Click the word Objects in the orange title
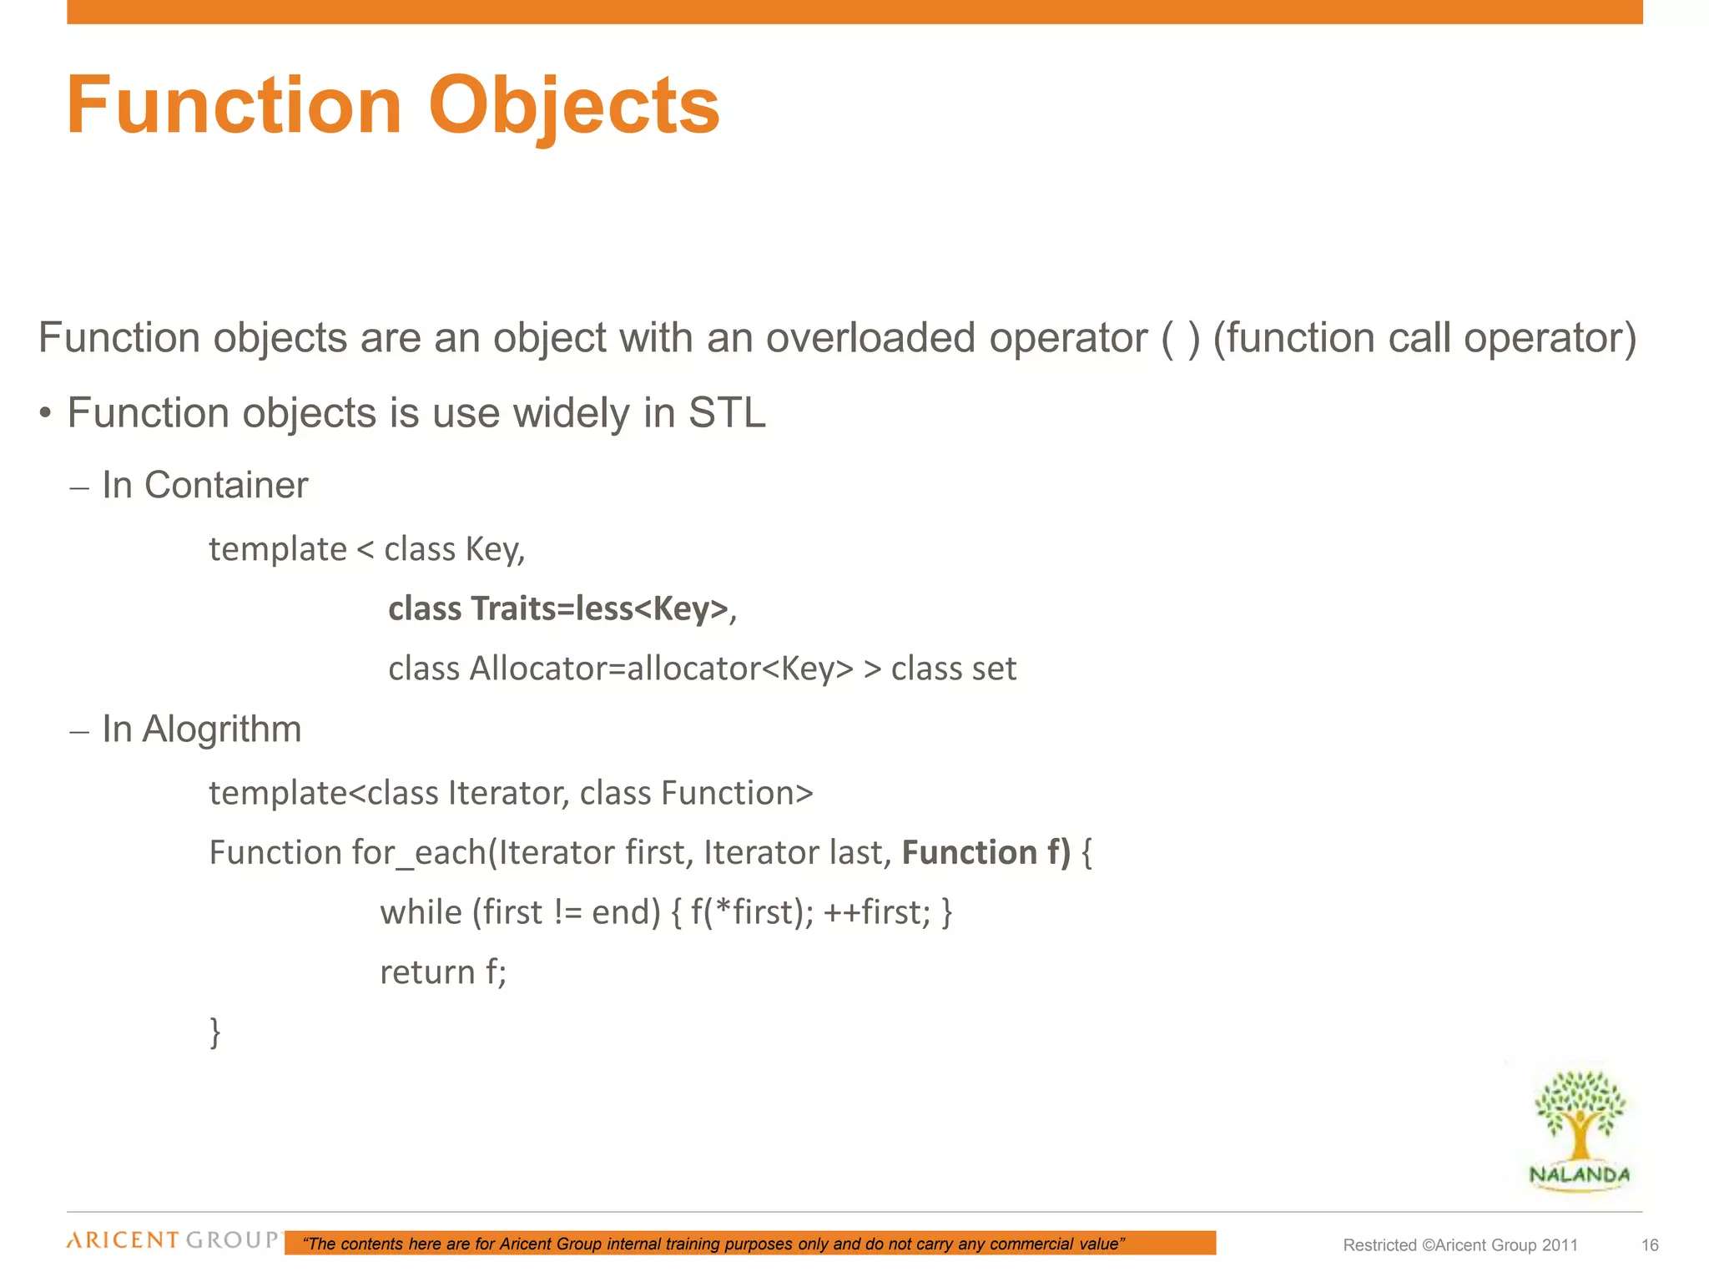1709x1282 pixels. [x=573, y=107]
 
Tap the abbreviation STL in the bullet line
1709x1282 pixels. [x=726, y=413]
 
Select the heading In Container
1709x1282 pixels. [x=204, y=486]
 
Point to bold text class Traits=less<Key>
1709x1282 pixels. [x=558, y=608]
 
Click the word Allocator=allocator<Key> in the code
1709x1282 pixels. [x=662, y=669]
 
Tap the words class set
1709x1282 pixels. [x=953, y=669]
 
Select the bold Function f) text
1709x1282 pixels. [x=986, y=853]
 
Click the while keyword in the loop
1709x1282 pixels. [x=421, y=912]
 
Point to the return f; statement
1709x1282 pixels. [x=443, y=972]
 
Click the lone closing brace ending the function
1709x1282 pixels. [x=215, y=1032]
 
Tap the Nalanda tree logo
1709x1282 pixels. [x=1580, y=1128]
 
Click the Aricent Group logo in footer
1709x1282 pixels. [x=174, y=1240]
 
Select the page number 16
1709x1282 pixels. [x=1650, y=1245]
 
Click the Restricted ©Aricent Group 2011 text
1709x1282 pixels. [x=1460, y=1245]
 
